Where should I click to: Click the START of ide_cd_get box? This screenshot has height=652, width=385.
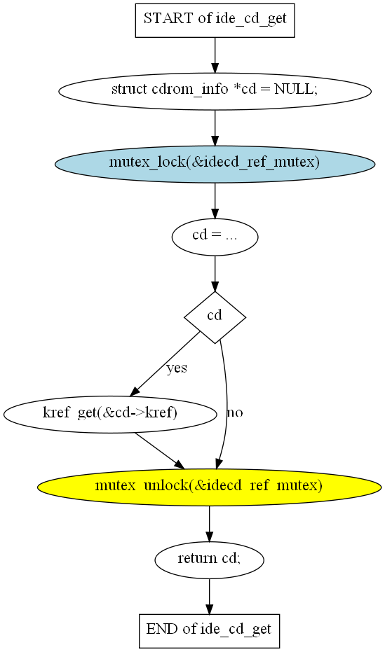[x=215, y=20]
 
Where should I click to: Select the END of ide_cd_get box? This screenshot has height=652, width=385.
[x=209, y=630]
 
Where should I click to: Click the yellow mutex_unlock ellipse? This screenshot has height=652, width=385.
[x=210, y=487]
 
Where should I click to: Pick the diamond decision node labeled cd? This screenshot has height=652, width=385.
[x=215, y=317]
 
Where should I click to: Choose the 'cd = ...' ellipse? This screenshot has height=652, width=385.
[x=215, y=237]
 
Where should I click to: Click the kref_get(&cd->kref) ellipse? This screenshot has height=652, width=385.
[x=110, y=414]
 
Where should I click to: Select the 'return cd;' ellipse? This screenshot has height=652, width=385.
[x=210, y=560]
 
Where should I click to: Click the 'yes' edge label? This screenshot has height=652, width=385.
[x=177, y=368]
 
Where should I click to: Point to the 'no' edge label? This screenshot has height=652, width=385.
[x=235, y=412]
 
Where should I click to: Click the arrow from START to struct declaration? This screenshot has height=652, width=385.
[x=215, y=55]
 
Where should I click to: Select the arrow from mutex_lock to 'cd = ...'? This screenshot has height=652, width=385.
[x=215, y=200]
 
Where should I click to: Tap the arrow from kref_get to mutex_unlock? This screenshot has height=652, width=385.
[x=159, y=450]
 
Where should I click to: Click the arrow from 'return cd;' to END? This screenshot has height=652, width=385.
[x=210, y=596]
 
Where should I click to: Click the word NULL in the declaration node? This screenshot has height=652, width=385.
[x=293, y=89]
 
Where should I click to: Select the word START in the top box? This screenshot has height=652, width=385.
[x=168, y=18]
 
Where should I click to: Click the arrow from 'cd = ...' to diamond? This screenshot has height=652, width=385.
[x=215, y=273]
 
